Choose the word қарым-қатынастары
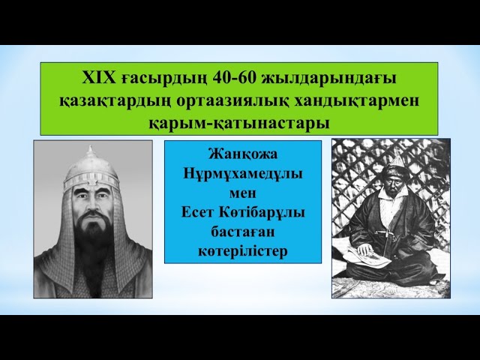[239, 120]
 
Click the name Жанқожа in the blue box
[242, 154]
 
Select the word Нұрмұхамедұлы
[242, 173]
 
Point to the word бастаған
[242, 231]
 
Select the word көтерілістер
[242, 250]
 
